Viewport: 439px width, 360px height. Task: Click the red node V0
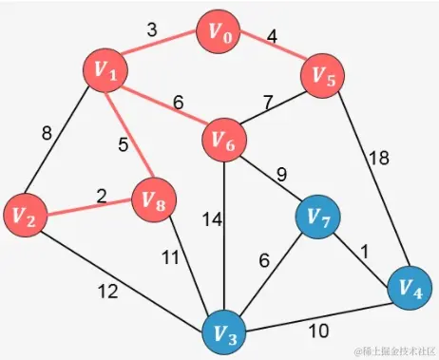(x=219, y=34)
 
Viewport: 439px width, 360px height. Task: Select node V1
(x=105, y=68)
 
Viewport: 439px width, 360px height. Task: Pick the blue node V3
(x=226, y=332)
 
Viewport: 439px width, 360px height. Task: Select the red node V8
(x=151, y=199)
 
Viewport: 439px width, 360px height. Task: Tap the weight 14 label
(x=213, y=218)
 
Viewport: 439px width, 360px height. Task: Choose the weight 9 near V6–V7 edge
(x=280, y=174)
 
